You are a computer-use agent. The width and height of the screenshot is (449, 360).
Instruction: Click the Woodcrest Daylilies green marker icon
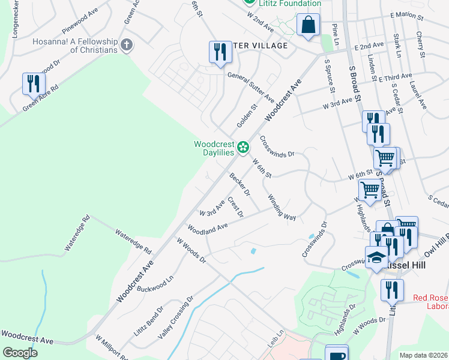(243, 147)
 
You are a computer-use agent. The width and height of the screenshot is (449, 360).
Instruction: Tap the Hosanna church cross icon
(126, 44)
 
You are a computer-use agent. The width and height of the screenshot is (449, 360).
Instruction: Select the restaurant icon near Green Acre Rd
(32, 83)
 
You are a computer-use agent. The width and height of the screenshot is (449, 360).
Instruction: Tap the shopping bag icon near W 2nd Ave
(308, 26)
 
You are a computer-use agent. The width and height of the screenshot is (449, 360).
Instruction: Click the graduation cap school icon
(376, 257)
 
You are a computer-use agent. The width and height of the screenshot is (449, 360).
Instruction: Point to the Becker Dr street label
(240, 184)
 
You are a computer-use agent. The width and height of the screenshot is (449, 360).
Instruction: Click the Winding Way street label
(282, 208)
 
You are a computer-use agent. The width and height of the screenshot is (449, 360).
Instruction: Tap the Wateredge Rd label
(134, 241)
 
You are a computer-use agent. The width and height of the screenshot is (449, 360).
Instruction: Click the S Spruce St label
(330, 75)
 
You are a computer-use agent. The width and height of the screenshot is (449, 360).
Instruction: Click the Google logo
(20, 353)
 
